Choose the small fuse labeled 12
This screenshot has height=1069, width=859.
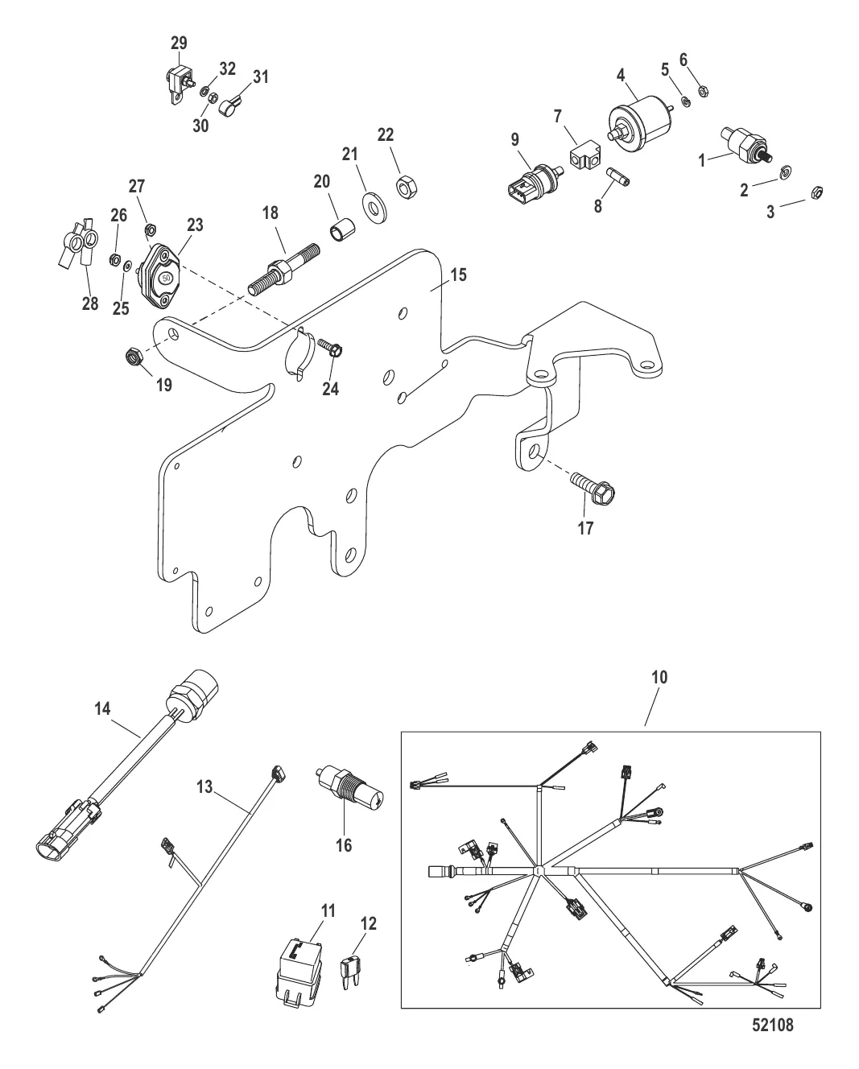point(351,966)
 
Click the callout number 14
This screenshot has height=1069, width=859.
point(102,708)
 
